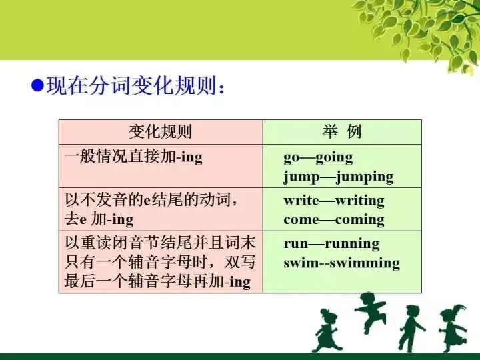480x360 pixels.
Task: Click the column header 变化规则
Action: [x=160, y=131]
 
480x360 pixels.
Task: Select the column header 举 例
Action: [x=342, y=131]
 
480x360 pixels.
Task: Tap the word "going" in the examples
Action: [x=334, y=158]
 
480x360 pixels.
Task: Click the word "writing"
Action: [x=359, y=201]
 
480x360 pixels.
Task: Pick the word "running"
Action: [x=355, y=243]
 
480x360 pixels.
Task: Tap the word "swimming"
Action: [x=366, y=263]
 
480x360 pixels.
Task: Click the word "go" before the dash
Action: [x=291, y=159]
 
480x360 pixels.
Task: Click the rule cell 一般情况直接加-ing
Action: [x=133, y=157]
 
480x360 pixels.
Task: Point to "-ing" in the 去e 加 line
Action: [x=121, y=219]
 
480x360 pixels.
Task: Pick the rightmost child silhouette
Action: [x=453, y=328]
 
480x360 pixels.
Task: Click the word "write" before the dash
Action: [x=301, y=201]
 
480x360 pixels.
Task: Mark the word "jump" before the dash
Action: [x=301, y=177]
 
